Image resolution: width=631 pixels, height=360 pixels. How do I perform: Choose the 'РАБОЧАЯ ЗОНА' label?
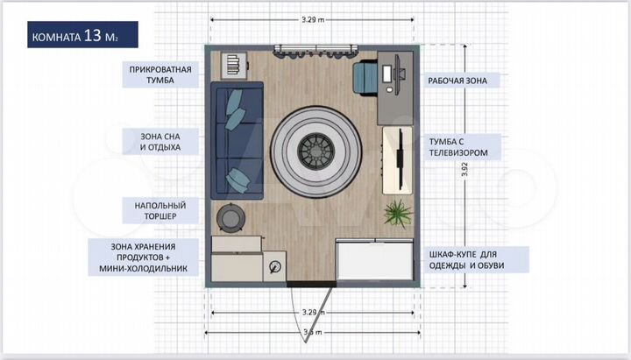[464, 80]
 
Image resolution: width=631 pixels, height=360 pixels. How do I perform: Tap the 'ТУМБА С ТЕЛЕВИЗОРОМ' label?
[464, 146]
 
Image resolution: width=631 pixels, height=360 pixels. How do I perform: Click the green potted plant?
[397, 212]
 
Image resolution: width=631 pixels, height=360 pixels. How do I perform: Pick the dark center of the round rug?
[313, 152]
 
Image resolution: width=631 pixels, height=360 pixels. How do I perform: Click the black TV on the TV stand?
[400, 158]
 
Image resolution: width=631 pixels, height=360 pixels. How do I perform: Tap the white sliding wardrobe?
[374, 260]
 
